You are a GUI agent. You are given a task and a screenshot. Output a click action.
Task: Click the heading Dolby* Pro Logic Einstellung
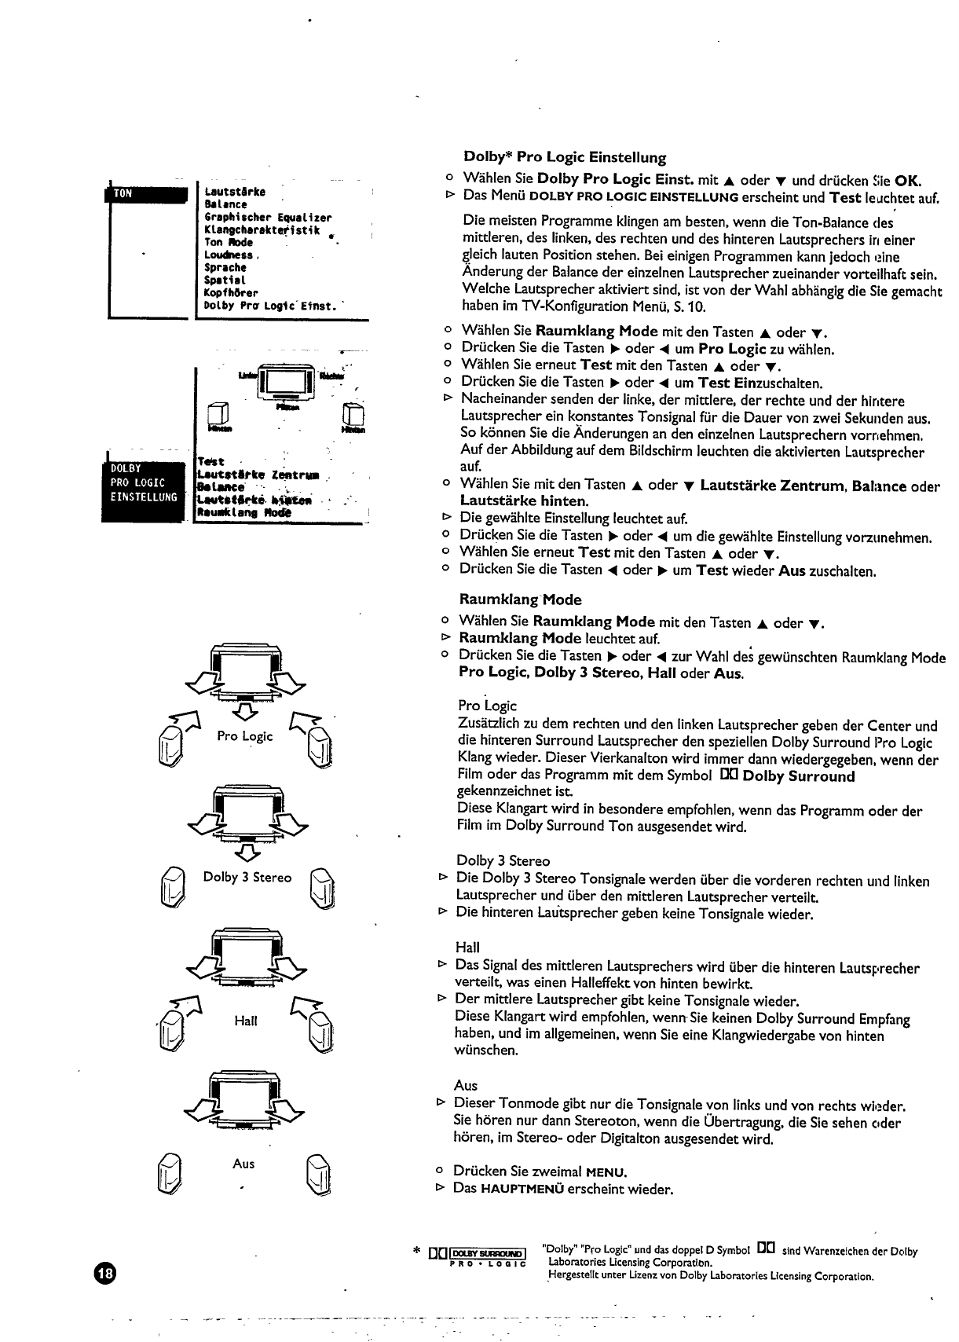pos(565,157)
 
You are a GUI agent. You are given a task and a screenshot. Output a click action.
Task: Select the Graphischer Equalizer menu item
pos(267,217)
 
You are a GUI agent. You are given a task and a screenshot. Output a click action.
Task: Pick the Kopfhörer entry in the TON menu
pos(231,292)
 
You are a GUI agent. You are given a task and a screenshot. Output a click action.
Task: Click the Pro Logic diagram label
pos(245,736)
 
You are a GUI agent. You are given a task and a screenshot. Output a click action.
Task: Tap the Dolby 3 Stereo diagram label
pos(247,877)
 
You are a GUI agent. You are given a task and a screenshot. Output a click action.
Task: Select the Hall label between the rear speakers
pos(245,1021)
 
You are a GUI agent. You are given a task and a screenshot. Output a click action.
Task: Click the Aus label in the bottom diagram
pos(243,1164)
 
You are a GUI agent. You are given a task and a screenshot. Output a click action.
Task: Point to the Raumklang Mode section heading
pos(520,599)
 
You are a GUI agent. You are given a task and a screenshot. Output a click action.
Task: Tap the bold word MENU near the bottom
pos(610,1172)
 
